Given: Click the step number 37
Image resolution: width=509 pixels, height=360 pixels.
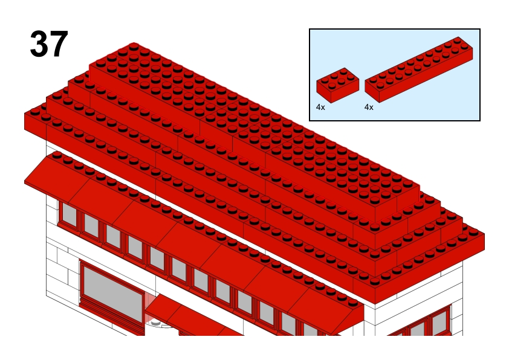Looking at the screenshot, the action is coord(49,43).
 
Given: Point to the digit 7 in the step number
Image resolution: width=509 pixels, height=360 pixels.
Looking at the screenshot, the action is coord(59,43).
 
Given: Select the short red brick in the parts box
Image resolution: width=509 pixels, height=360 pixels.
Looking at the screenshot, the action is coord(337,85).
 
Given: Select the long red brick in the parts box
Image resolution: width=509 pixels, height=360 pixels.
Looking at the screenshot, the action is coord(419,69).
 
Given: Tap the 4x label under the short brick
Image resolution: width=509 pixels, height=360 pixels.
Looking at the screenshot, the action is coord(320,108).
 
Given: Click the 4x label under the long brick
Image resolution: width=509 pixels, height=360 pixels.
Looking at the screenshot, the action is coord(369,108).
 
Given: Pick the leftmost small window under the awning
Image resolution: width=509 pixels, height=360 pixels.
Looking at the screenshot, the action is coord(68,214).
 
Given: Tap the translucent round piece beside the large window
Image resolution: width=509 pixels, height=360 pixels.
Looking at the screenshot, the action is coord(153,311).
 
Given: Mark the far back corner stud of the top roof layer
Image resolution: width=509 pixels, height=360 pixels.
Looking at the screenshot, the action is coord(134,46).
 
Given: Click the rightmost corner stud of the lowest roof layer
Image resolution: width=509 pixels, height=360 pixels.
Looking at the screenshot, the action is coord(473,231).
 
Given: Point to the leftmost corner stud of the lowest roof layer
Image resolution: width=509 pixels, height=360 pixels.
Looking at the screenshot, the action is coord(35,111).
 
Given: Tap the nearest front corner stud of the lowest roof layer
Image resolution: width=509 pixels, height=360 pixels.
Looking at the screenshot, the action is coord(375,280).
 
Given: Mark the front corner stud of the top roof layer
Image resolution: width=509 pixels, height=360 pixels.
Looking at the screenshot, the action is coord(375,200).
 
